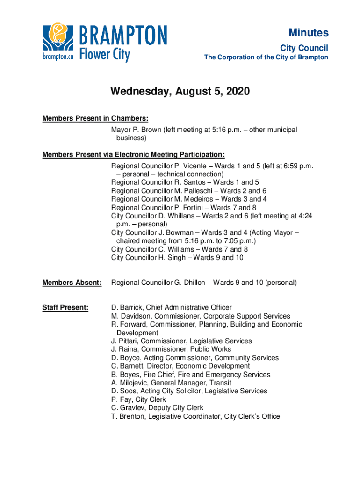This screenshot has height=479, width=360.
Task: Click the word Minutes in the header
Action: pos(308,33)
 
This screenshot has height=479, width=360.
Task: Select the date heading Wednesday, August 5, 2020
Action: pos(180,92)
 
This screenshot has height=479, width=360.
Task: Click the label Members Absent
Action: pos(72,283)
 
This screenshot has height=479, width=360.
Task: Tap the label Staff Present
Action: pos(65,307)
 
